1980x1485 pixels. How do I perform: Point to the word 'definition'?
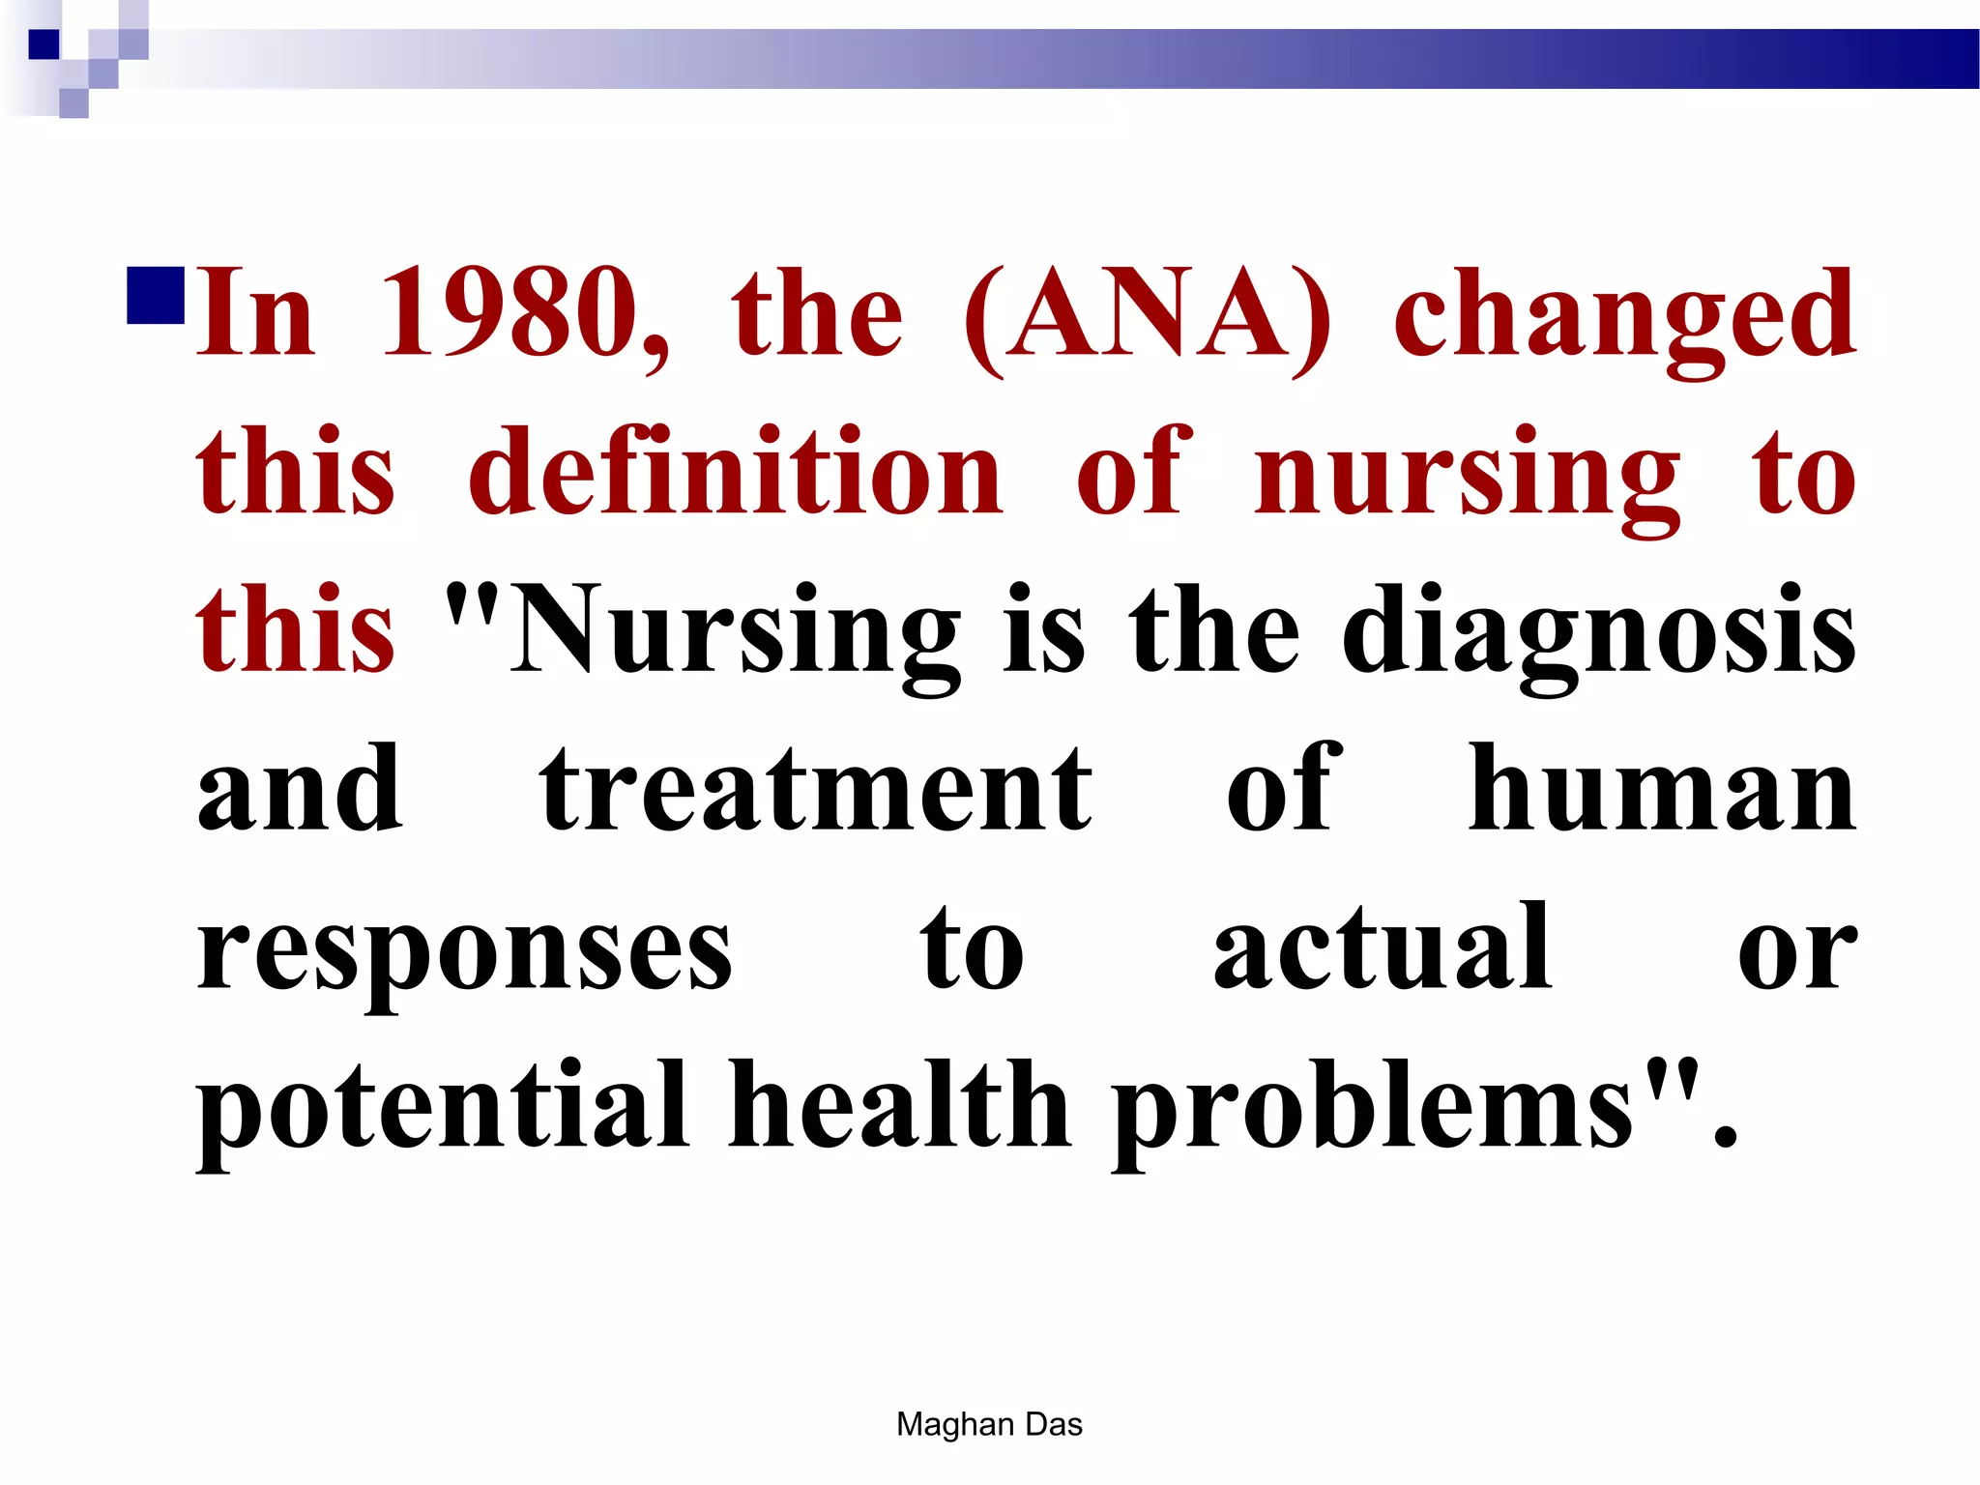tap(736, 474)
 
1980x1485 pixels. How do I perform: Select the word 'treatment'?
tap(816, 791)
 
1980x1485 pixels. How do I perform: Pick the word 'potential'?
tap(443, 1107)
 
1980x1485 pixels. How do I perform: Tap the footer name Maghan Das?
tap(989, 1424)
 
